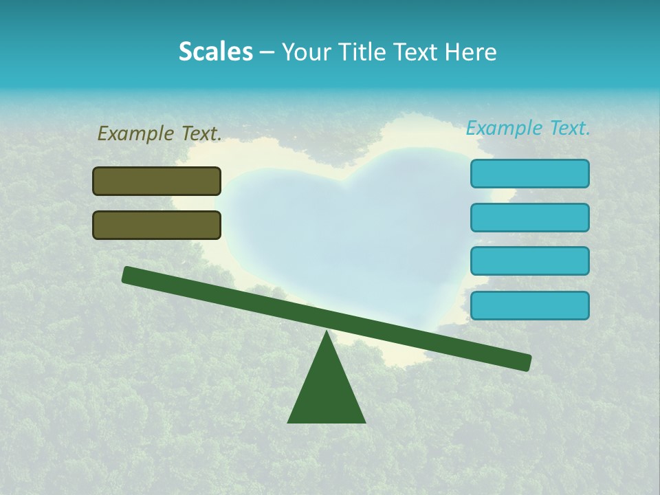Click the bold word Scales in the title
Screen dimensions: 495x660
[x=216, y=52]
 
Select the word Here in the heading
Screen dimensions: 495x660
[x=472, y=52]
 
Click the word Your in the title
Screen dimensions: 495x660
[x=306, y=52]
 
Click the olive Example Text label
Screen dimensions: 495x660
[x=159, y=133]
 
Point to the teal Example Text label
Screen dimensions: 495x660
[x=528, y=128]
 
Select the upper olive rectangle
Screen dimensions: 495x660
[x=157, y=181]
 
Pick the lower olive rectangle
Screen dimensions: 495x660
[x=157, y=225]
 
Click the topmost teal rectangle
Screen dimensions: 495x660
[x=530, y=173]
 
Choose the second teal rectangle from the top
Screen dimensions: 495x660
[x=530, y=217]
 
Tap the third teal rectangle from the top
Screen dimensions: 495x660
[x=530, y=261]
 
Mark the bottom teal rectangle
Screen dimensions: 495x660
[x=530, y=305]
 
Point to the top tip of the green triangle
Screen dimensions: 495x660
[x=327, y=332]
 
